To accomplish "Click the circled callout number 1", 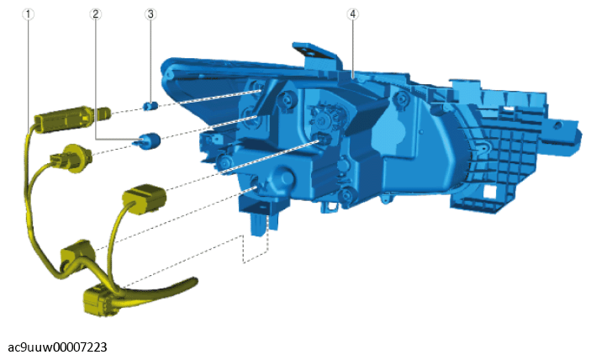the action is point(28,14).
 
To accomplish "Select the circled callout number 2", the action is point(95,14).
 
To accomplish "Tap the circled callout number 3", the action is point(150,14).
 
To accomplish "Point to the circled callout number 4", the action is point(352,14).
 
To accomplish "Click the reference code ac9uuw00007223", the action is point(57,347).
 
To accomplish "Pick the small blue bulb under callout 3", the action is point(150,106).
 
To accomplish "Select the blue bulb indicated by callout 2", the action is point(148,141).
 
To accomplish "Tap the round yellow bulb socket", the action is point(71,157).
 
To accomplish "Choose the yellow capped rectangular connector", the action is point(145,199).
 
